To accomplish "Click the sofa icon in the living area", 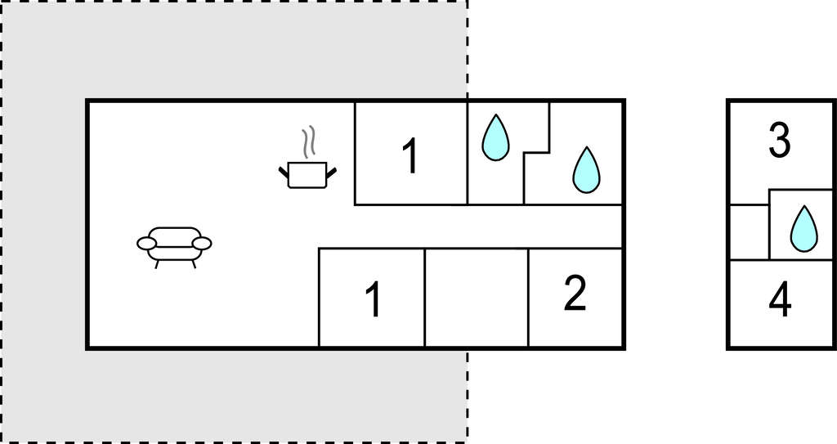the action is pos(174,248).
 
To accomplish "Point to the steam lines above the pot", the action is pos(308,142).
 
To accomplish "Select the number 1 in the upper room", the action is pos(410,156).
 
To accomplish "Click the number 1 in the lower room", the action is pos(374,300).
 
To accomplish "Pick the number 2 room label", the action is pos(575,293).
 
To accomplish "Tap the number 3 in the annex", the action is pos(779,140).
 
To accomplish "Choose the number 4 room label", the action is pos(780,301).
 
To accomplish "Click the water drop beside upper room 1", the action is pos(495,137).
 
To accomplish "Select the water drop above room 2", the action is pos(586,170).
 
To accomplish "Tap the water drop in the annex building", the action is pos(803,229).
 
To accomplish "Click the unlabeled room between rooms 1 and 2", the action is pos(477,298).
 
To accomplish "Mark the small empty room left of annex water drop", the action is pos(750,232).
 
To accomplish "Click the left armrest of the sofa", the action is pos(146,244).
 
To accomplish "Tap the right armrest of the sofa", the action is pos(202,244).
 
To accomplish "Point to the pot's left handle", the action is pos(284,172).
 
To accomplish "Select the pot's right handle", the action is pos(332,172).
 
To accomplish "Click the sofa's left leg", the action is pos(156,264).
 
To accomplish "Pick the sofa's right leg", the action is pos(194,264).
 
